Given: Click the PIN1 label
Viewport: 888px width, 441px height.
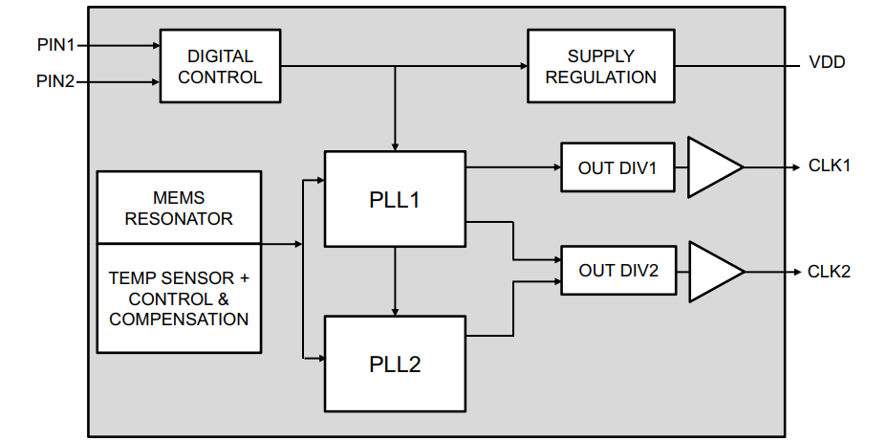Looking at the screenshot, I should [x=55, y=45].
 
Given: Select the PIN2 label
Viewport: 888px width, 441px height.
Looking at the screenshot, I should [x=55, y=82].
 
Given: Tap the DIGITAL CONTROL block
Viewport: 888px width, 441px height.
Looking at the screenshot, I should [x=220, y=66].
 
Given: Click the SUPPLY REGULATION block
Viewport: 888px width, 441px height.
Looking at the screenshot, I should [x=600, y=66].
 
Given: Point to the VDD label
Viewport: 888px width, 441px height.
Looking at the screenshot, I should [x=827, y=64].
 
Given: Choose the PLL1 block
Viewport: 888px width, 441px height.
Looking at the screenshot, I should [x=395, y=199].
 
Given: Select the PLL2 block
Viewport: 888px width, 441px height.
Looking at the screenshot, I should [x=395, y=364].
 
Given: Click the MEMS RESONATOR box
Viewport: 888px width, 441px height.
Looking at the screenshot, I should [x=179, y=207].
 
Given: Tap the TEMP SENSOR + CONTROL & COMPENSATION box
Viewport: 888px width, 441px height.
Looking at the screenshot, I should [x=179, y=298].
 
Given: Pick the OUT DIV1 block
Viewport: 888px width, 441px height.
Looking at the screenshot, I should [x=617, y=167].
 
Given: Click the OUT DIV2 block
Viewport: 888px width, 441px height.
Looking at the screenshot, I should [x=617, y=271].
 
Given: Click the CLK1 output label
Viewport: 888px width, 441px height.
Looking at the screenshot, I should [x=829, y=165].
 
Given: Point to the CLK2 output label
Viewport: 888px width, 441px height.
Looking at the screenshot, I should [x=829, y=271].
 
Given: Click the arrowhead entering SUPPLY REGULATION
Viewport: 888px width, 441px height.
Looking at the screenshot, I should [x=522, y=66].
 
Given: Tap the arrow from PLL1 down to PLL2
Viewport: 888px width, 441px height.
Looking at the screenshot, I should [x=395, y=281].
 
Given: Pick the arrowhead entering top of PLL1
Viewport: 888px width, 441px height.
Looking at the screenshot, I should [x=395, y=145].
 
